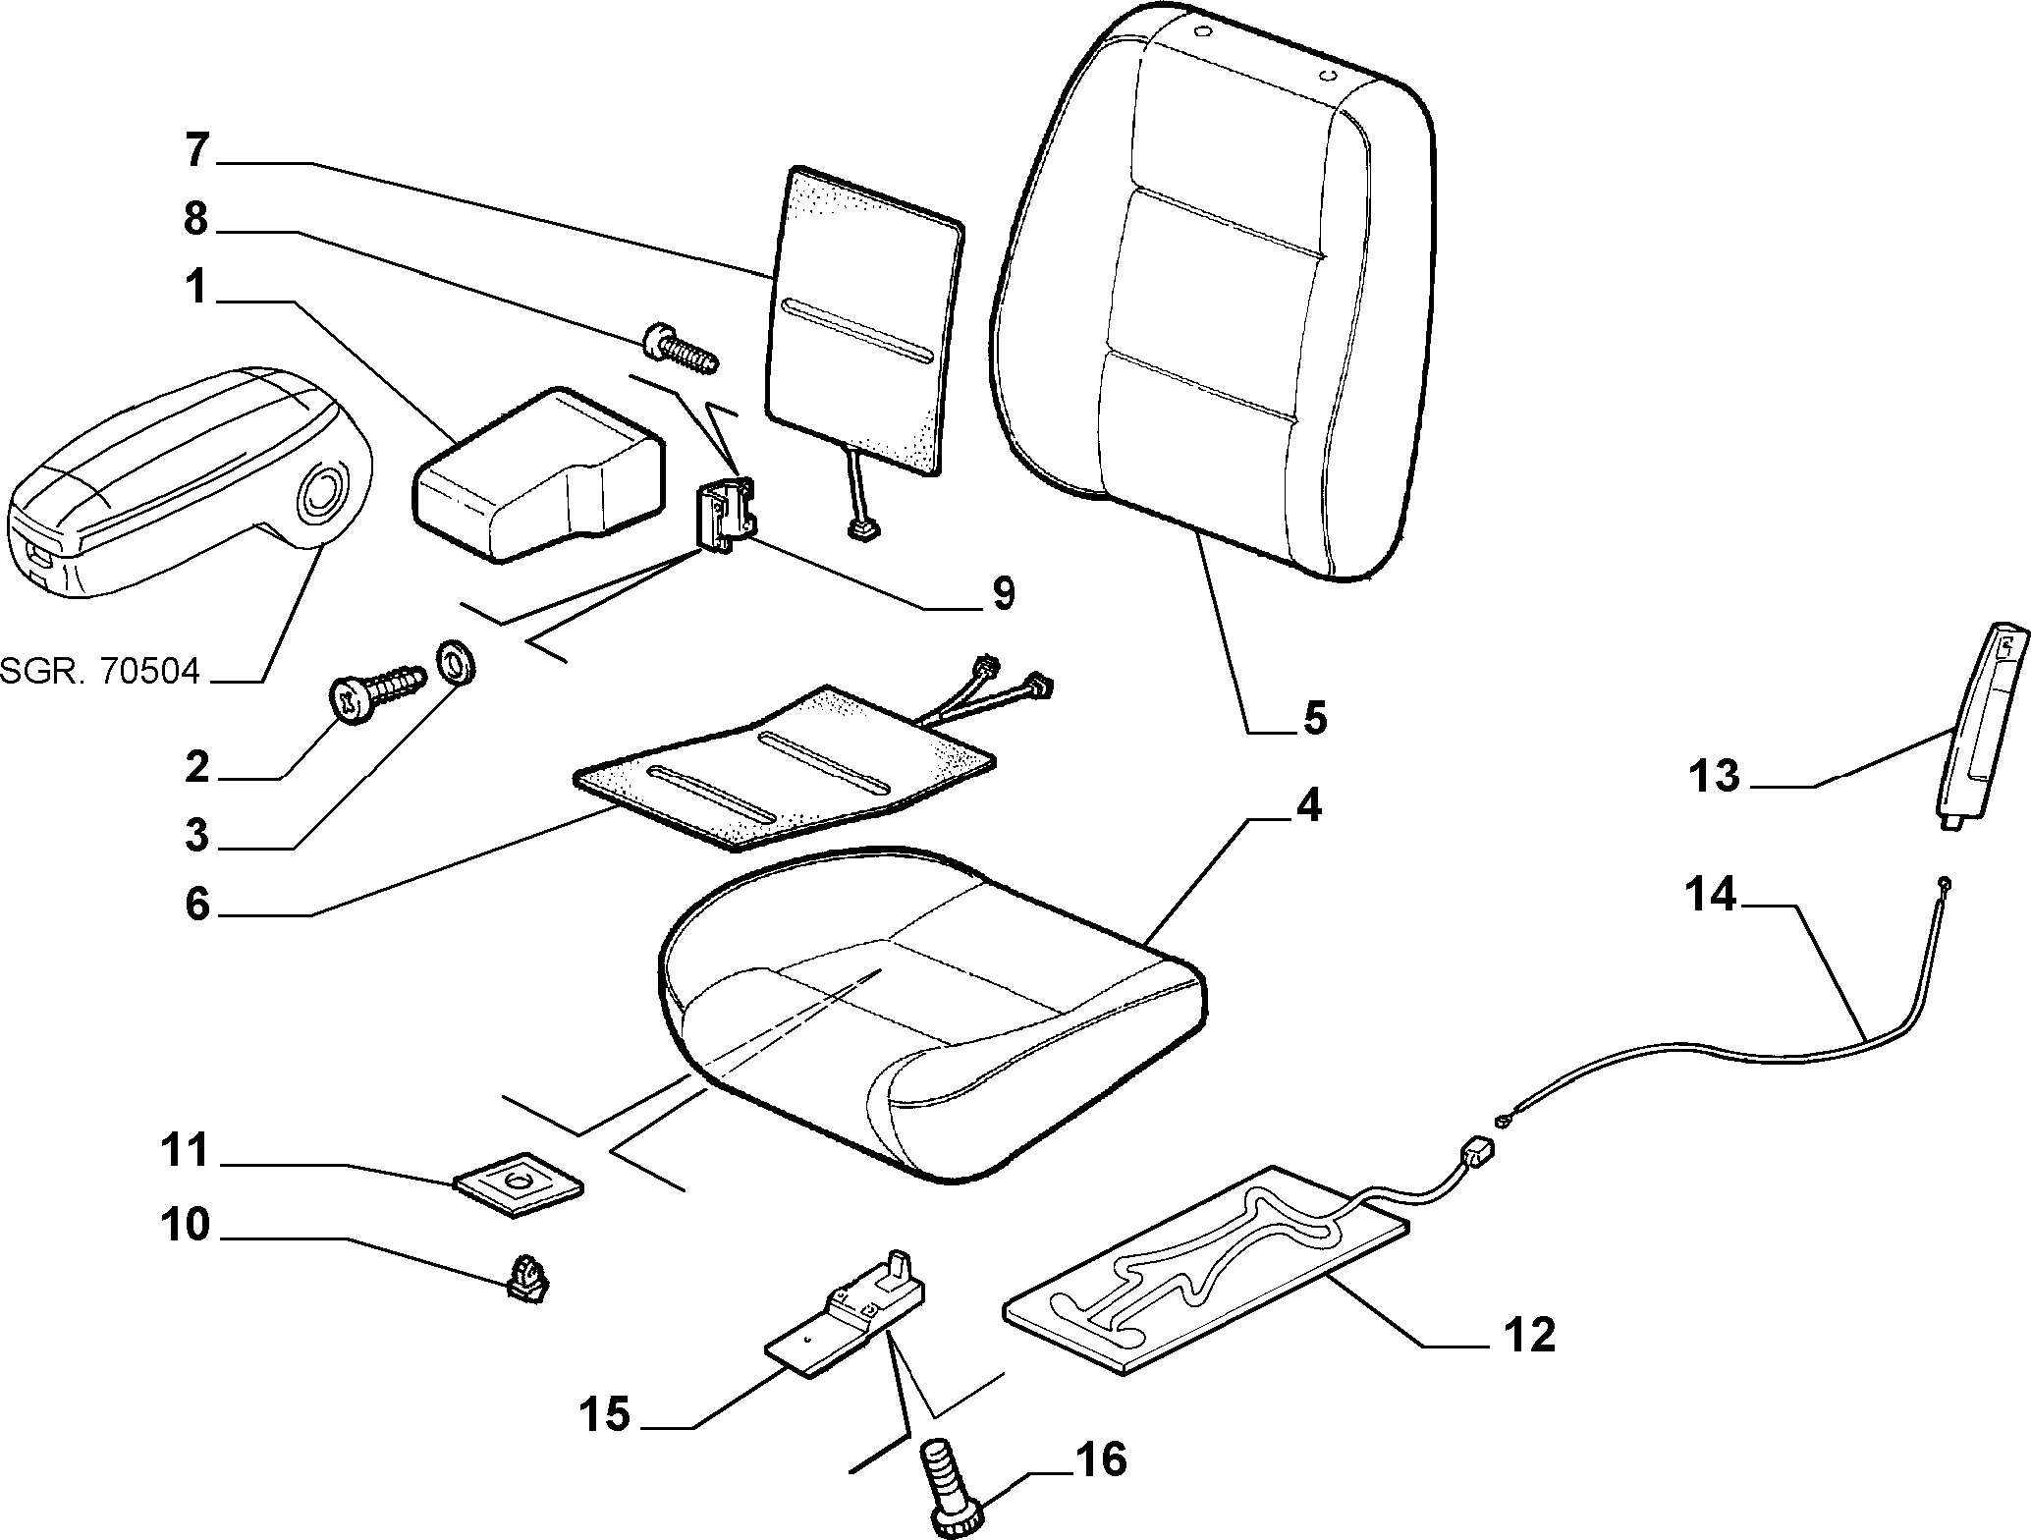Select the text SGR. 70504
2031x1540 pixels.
(100, 672)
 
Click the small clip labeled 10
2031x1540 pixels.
(527, 1278)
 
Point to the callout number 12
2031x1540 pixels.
(1527, 1336)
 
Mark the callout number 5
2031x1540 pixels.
(1315, 718)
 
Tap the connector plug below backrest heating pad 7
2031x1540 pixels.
(861, 530)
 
